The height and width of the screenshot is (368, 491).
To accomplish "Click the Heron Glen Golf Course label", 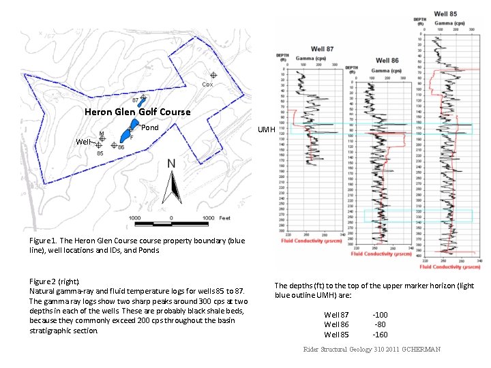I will coord(137,112).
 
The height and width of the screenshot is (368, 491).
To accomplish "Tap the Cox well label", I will coord(207,85).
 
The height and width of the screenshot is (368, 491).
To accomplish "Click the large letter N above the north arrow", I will coord(173,164).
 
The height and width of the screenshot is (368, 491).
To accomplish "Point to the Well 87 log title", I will coord(323,48).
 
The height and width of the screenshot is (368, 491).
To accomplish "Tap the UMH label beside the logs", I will coord(266,129).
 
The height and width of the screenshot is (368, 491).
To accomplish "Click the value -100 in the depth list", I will coord(380,314).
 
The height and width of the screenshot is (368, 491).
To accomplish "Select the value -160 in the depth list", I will coord(380,335).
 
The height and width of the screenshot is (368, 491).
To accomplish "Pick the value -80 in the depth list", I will coord(380,324).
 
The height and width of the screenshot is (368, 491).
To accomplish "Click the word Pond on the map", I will coord(149,127).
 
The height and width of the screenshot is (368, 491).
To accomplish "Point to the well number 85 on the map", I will coord(100,153).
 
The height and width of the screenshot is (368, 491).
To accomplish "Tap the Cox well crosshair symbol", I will coord(213,76).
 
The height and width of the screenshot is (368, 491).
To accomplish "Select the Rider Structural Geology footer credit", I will coord(372,350).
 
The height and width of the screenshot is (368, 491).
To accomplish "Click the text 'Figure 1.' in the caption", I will coord(43,241).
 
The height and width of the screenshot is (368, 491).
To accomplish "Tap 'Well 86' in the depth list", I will coord(336,324).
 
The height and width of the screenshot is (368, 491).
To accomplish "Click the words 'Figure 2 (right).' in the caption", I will coord(55,281).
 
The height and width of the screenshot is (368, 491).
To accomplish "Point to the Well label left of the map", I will coord(83,142).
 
